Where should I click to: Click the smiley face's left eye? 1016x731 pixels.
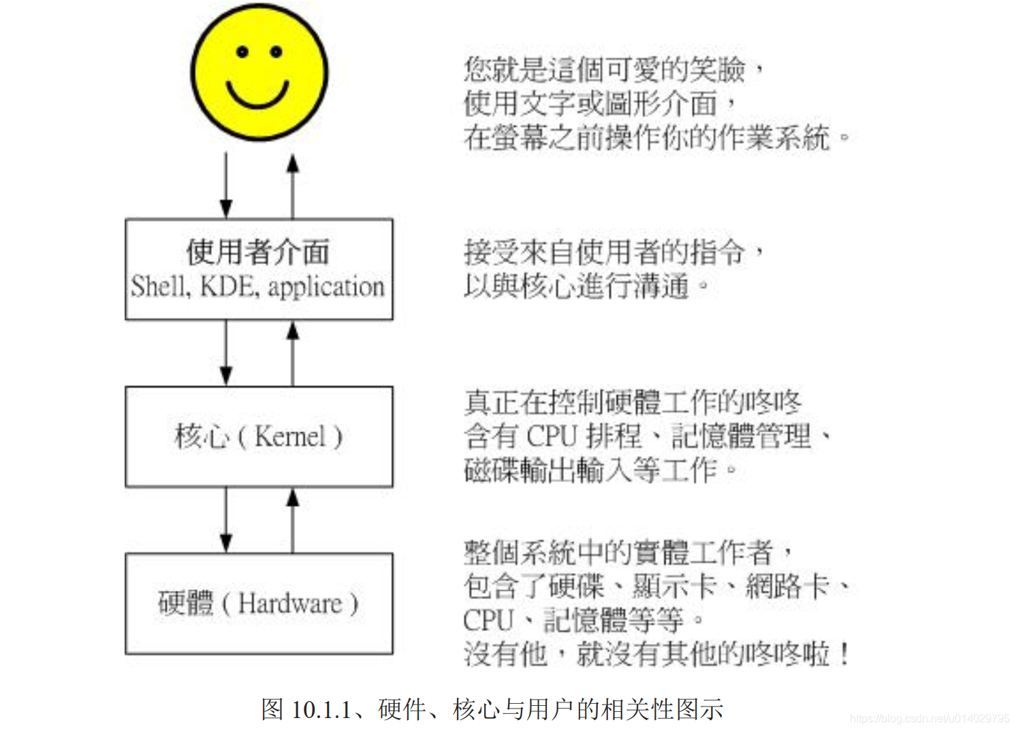[242, 52]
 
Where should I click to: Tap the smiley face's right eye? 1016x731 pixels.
[276, 52]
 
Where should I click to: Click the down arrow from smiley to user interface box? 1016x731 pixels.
[226, 184]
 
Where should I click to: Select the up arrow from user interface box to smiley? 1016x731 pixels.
[293, 184]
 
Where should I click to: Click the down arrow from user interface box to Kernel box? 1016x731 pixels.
[226, 353]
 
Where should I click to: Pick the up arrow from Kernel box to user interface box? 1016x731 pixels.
[293, 353]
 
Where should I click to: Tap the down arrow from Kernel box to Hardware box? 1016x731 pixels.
[226, 520]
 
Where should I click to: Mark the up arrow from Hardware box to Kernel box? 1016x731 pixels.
[293, 520]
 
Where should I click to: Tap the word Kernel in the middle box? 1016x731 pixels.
[290, 436]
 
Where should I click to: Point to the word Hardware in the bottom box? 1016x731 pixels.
[290, 604]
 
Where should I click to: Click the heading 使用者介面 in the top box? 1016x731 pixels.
[258, 253]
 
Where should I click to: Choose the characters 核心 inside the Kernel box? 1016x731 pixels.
[202, 436]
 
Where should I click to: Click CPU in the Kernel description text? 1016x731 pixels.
[552, 436]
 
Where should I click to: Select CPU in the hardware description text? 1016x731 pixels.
[488, 620]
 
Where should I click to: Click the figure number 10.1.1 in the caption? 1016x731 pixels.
[321, 710]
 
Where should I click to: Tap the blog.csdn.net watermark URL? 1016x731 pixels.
[930, 719]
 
